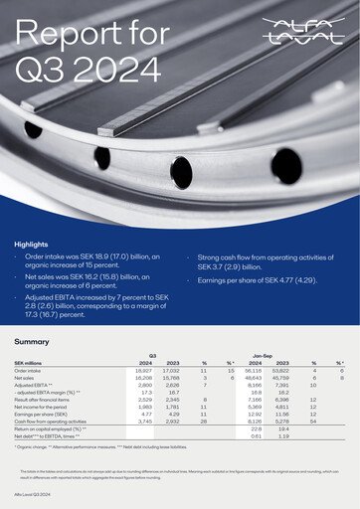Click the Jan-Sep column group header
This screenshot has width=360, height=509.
pos(264,354)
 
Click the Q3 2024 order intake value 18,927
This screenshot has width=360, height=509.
pos(142,370)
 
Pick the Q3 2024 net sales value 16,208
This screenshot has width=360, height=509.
pos(142,378)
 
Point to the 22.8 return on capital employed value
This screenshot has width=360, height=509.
pos(256,428)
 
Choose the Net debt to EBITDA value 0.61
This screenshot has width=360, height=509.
pos(256,435)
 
